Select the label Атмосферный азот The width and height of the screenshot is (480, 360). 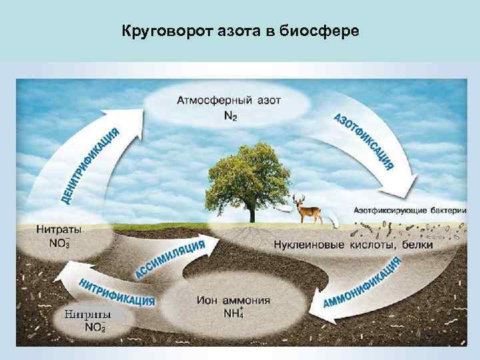229,101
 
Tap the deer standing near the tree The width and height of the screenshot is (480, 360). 309,210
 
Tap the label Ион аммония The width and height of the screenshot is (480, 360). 234,300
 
